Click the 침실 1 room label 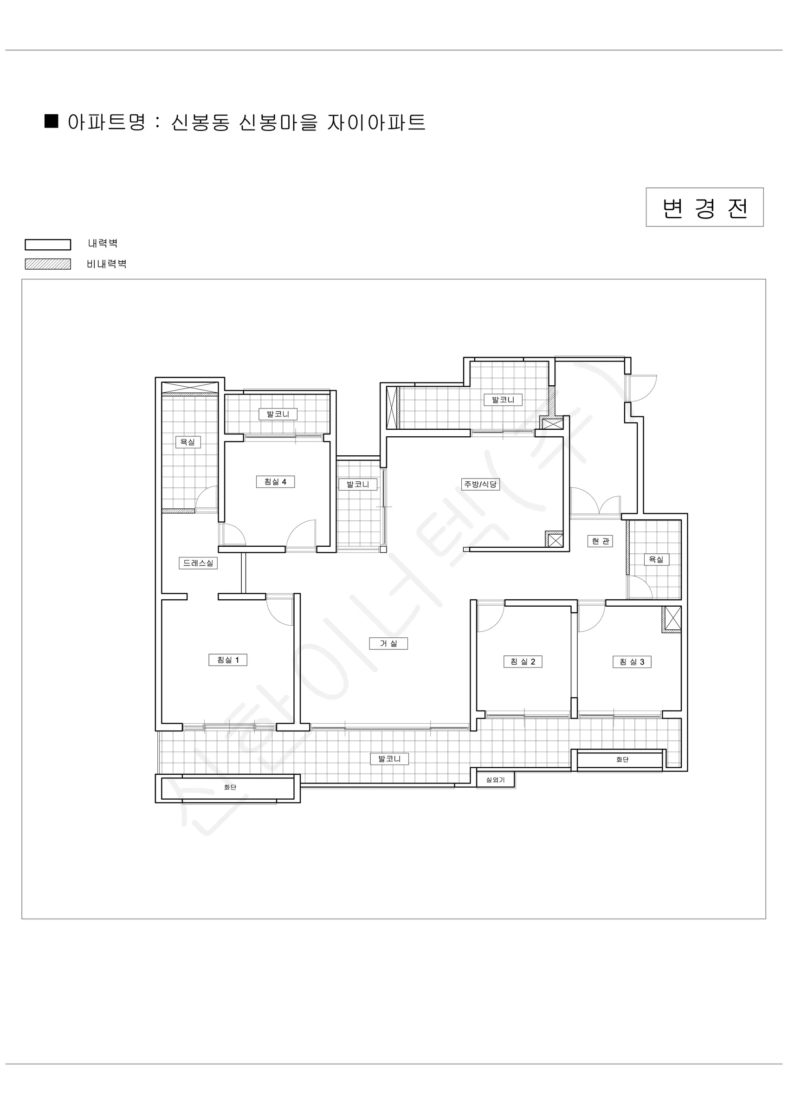tap(227, 660)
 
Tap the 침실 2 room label tap(523, 662)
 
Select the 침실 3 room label tap(632, 662)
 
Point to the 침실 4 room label tap(275, 482)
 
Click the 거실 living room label tap(388, 643)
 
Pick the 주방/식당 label tap(480, 484)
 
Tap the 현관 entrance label tap(600, 541)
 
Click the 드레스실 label tap(198, 563)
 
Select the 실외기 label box tap(496, 780)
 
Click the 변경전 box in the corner tap(704, 207)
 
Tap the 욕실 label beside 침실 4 tap(188, 442)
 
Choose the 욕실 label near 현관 tap(656, 559)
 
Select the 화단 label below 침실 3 tap(622, 759)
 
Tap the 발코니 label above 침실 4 tap(278, 414)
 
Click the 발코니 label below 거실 tap(389, 758)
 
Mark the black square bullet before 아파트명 tap(52, 121)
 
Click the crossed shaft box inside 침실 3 tap(672, 619)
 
